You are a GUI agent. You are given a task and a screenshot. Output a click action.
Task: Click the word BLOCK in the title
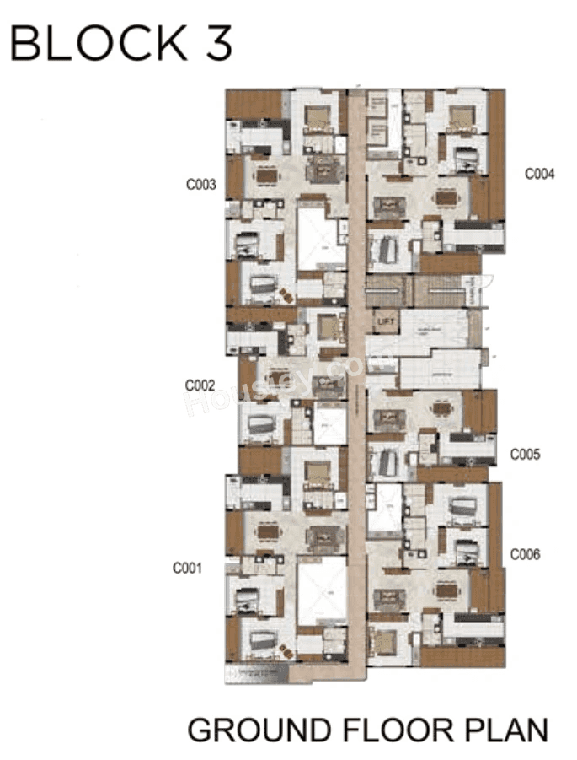point(100,43)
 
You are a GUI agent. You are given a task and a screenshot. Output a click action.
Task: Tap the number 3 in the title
point(216,43)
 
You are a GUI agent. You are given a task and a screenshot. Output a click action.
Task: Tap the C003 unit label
point(202,182)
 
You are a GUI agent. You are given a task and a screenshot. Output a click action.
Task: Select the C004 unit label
point(540,175)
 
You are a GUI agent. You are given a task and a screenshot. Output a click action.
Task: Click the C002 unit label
point(200,385)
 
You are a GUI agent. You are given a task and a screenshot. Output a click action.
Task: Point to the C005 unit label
point(526,454)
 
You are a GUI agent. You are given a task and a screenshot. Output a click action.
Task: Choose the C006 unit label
point(526,554)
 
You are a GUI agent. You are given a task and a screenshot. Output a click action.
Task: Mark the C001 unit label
point(188,568)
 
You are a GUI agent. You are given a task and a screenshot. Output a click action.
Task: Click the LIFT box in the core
point(387,321)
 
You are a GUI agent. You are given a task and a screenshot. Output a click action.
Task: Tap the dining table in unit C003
point(268,175)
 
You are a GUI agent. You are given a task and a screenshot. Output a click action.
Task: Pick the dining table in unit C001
point(268,531)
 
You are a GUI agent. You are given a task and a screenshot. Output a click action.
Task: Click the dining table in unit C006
point(446,590)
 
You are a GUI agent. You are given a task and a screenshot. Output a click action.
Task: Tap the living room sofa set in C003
point(322,169)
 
